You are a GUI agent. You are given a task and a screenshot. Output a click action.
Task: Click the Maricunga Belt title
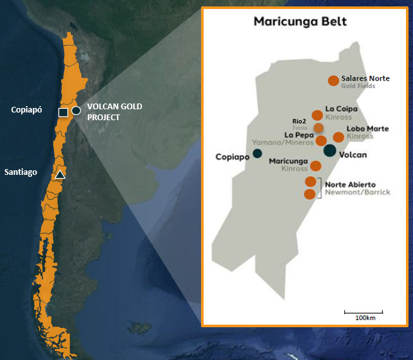300,22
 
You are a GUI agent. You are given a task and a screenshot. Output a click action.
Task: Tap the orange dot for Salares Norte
333,80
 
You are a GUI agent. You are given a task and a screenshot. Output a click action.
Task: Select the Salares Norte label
365,78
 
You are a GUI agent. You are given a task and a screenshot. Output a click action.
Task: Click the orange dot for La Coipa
317,116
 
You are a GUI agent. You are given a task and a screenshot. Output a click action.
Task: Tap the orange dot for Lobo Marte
338,138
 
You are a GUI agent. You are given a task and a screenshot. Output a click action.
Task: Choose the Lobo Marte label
367,129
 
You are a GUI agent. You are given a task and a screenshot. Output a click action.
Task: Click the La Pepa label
299,134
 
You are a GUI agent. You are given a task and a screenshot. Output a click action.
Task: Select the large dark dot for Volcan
330,150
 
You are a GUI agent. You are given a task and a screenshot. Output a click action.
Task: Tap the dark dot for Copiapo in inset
257,153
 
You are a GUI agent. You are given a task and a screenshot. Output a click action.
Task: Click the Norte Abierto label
351,184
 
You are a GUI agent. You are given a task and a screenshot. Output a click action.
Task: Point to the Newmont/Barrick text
357,192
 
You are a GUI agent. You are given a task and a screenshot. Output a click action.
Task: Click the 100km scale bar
364,312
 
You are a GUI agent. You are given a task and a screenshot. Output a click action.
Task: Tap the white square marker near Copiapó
63,113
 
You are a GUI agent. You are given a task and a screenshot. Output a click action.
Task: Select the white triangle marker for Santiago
60,174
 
